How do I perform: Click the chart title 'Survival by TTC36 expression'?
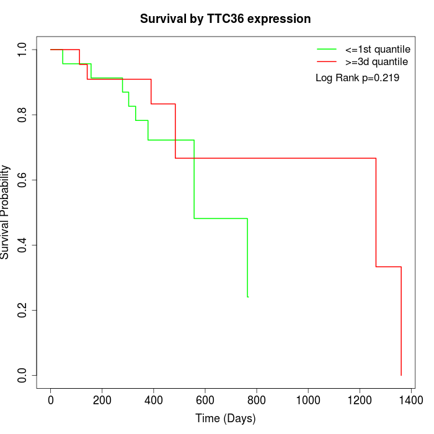point(225,19)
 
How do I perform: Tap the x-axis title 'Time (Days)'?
point(225,418)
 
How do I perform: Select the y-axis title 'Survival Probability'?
point(6,212)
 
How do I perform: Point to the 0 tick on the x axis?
point(51,401)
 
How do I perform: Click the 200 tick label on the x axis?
point(102,401)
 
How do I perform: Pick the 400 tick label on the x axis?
point(154,401)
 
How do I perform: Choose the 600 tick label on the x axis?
point(205,401)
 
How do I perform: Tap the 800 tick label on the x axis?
point(257,401)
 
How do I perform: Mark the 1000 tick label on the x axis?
point(308,401)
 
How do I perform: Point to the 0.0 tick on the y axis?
point(23,375)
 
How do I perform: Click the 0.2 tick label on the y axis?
point(23,310)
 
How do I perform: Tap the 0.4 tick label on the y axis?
point(23,245)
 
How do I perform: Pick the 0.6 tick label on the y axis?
point(23,180)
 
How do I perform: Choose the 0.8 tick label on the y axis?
point(23,115)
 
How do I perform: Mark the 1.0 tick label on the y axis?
point(23,50)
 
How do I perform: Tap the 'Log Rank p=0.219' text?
point(357,78)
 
